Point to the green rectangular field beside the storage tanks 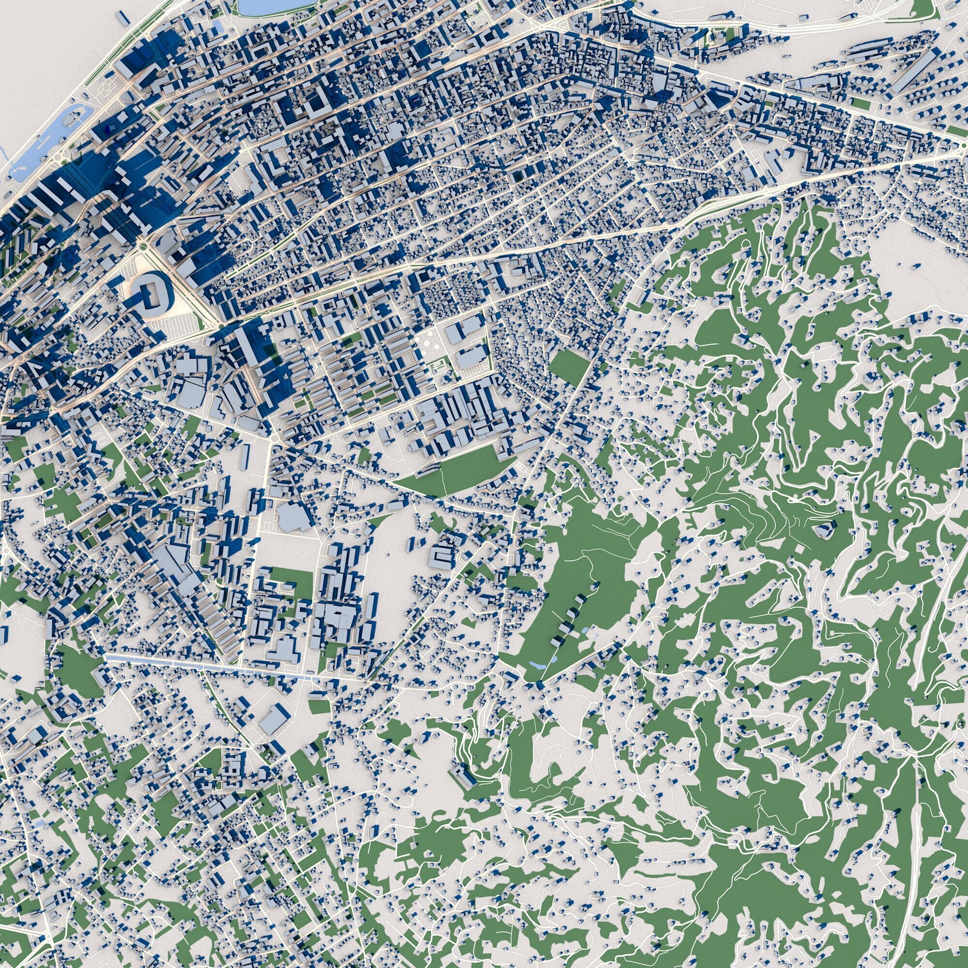click(861, 104)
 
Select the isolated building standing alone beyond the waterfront click(122, 18)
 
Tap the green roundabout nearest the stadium click(143, 245)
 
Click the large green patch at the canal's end click(80, 671)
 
